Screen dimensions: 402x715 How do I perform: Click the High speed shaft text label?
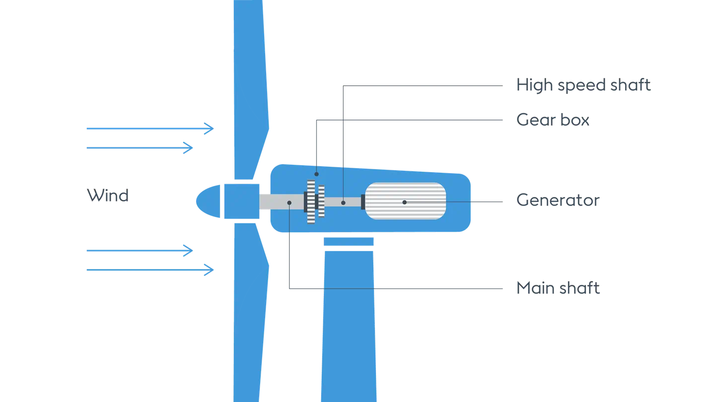coord(583,85)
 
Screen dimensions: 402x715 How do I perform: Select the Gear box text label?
coord(554,120)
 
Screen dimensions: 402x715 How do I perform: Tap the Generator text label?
coord(558,200)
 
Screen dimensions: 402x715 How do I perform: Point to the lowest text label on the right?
coord(559,287)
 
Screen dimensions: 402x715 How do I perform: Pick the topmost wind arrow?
coord(149,129)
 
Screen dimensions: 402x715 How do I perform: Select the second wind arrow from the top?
coord(139,148)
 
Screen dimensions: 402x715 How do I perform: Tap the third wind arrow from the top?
coord(139,251)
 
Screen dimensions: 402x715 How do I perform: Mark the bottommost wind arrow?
coord(149,270)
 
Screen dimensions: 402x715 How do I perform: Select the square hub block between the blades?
coord(241,201)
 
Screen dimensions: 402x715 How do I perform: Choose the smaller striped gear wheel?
coord(321,201)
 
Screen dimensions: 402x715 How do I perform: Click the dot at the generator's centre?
coord(405,202)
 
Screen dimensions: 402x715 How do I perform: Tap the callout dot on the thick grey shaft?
coord(289,202)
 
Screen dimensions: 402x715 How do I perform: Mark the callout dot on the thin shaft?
coord(343,202)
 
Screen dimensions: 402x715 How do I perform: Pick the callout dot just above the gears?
coord(316,174)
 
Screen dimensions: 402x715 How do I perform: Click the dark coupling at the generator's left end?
coord(363,202)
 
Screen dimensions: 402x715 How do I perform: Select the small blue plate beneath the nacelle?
coord(348,242)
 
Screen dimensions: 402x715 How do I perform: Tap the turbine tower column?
coord(348,323)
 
